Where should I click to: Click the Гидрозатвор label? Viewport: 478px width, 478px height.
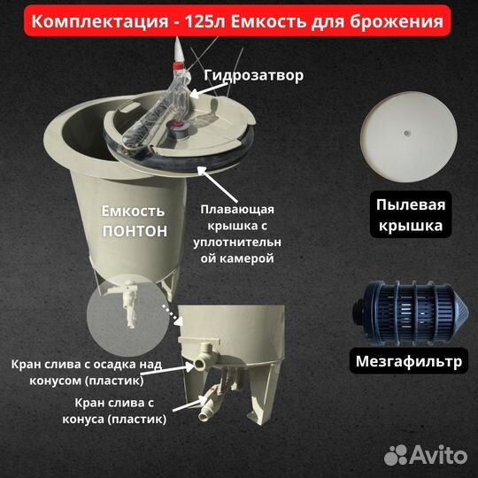tap(252, 75)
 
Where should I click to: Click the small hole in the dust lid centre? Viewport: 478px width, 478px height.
tap(405, 134)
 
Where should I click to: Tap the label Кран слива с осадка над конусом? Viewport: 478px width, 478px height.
tap(89, 372)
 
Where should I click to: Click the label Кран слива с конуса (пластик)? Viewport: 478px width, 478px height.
tap(113, 411)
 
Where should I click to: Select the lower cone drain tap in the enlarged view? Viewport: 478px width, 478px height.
tap(207, 404)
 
